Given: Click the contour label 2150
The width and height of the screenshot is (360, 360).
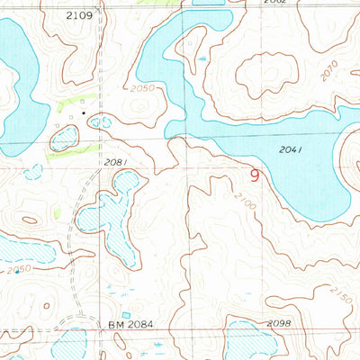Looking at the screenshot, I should tap(340, 293).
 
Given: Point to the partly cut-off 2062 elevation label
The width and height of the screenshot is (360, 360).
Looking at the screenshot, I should tap(274, 4).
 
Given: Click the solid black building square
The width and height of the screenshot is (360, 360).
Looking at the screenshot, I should tap(86, 113).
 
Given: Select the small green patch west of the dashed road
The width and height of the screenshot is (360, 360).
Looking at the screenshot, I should tap(57, 212).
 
